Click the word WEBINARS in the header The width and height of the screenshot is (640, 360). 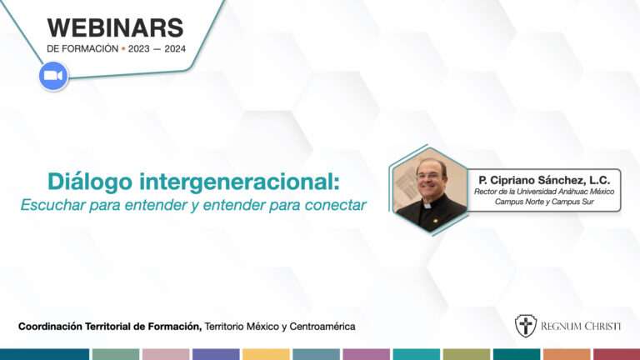pos(116,28)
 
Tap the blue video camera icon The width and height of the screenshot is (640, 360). pos(53,76)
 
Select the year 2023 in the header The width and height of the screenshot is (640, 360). pos(139,49)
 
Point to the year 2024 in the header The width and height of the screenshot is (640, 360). pos(175,49)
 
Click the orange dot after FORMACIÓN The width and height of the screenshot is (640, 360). pos(123,49)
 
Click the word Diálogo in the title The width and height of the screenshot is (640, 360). pos(90,182)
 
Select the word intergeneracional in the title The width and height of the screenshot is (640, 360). pos(240,182)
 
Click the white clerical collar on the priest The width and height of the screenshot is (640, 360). pos(427,206)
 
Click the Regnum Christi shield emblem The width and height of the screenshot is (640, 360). pos(525,326)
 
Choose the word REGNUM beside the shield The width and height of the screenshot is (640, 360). pos(560,326)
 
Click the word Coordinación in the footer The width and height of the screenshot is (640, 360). pos(50,327)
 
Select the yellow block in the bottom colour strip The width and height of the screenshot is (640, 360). pos(266,354)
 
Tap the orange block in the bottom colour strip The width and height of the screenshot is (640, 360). pos(567,354)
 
